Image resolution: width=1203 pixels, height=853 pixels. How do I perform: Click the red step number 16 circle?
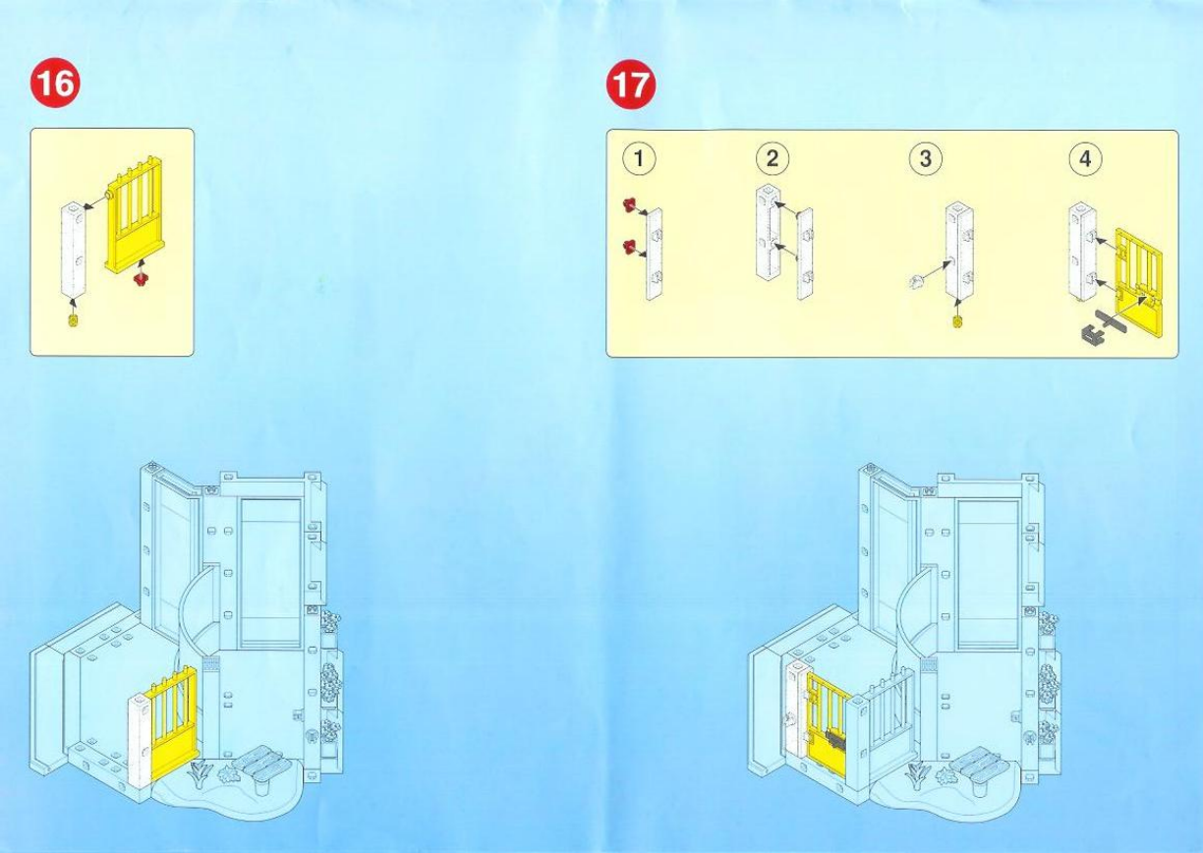tap(55, 85)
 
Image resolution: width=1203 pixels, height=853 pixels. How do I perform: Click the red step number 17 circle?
tap(630, 85)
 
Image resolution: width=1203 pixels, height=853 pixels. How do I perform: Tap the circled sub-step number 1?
tap(644, 158)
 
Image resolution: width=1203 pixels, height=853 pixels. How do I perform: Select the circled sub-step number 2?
tap(772, 158)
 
